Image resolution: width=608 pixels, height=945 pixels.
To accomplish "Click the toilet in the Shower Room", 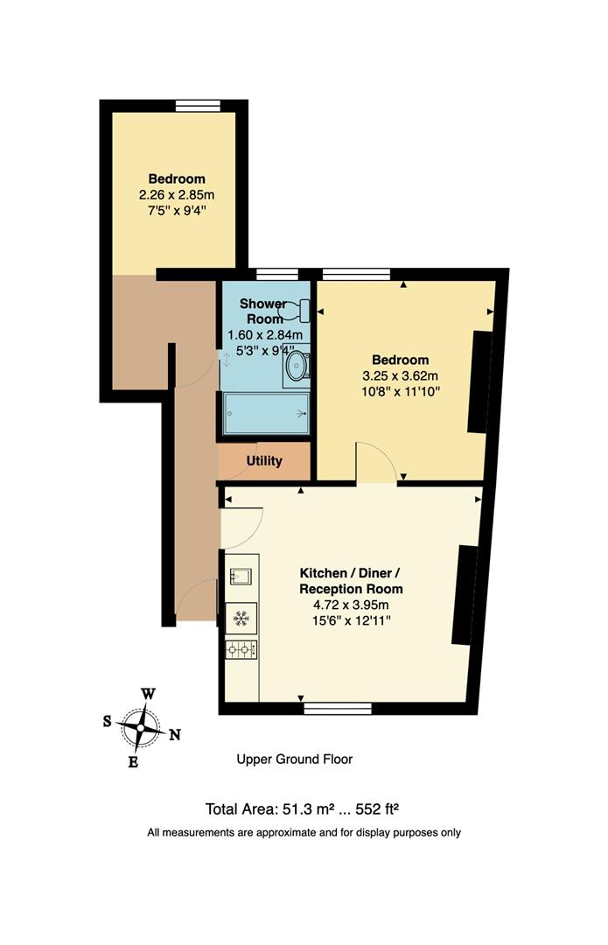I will (297, 309).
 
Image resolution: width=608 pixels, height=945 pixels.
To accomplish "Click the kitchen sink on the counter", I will (241, 577).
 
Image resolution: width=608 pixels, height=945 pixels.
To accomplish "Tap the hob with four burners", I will (241, 648).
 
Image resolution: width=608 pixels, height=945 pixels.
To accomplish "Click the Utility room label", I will (264, 460).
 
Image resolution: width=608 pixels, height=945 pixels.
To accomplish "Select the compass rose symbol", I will (141, 725).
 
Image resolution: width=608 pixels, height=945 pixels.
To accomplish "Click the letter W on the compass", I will (149, 694).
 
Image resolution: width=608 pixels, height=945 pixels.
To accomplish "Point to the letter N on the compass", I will (174, 735).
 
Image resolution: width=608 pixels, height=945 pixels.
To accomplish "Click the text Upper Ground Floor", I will (295, 759).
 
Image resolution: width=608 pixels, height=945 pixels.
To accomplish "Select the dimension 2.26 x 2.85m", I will (177, 195).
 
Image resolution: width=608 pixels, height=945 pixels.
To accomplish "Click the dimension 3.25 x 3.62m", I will (400, 375).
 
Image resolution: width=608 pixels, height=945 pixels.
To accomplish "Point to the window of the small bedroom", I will (198, 106).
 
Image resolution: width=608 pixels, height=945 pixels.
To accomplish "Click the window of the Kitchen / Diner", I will (337, 708).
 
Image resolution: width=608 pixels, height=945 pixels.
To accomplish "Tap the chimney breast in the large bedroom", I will (479, 381).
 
